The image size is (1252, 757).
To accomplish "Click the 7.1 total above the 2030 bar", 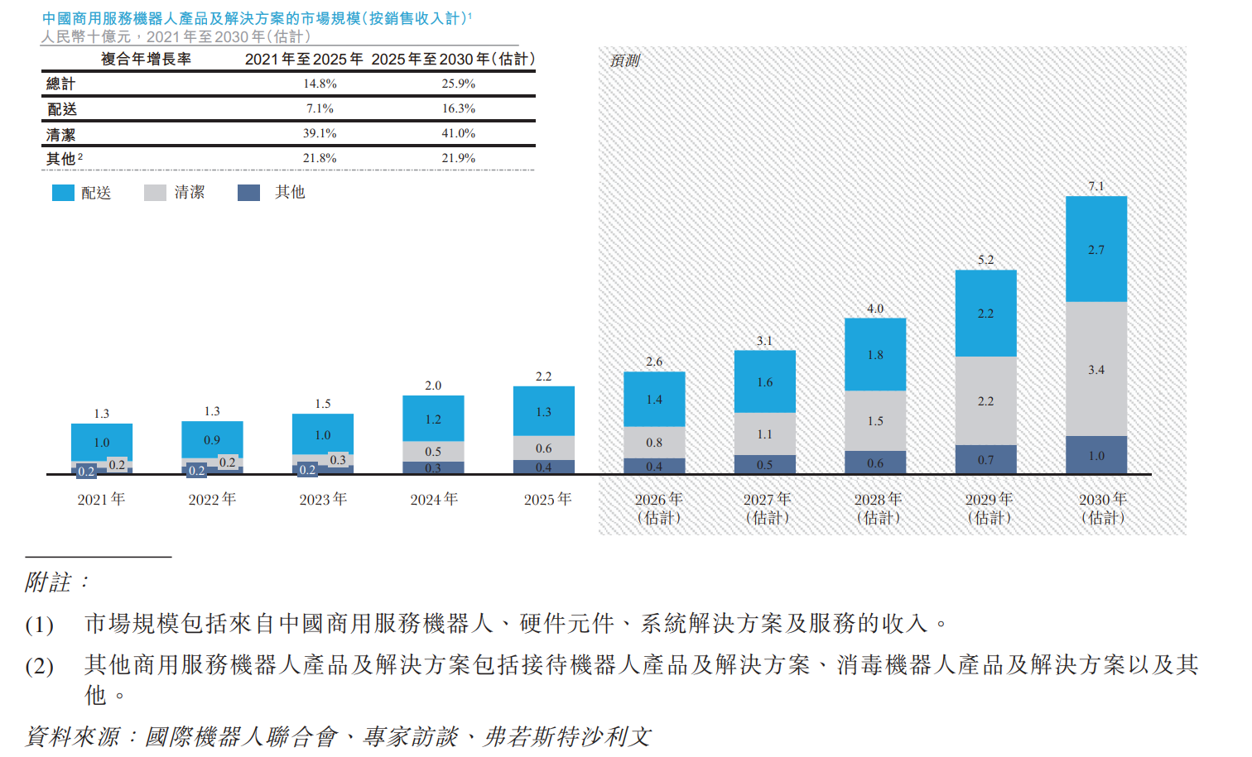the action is [1096, 186].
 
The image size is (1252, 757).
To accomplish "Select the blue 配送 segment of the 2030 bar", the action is [1096, 249].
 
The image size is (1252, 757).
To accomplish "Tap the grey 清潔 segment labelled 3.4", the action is [1096, 369].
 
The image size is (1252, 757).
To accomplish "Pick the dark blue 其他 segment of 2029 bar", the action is [986, 459].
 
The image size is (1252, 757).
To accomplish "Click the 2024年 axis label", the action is [434, 499].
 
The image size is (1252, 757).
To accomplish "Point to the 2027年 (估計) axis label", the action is [767, 508].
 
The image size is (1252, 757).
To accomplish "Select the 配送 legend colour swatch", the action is [63, 193].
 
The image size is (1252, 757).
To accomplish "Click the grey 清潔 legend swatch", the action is [155, 193].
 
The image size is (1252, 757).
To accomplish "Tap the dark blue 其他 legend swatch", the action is [248, 193].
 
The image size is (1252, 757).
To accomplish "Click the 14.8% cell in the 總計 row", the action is [320, 84].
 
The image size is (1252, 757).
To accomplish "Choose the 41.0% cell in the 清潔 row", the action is [459, 133].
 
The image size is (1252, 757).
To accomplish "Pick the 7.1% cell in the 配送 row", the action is [320, 108].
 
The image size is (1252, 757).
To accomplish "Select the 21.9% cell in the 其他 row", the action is [459, 158].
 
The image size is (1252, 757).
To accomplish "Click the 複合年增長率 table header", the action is [146, 60].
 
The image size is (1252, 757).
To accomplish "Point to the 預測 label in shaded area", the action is [625, 60].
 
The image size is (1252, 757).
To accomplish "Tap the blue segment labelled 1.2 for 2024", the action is [433, 419].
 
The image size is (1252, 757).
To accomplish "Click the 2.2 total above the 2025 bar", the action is [543, 376].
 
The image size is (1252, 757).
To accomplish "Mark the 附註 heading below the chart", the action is [56, 582].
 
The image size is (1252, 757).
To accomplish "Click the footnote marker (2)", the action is [39, 666].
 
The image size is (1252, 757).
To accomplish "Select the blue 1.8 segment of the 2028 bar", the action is [875, 354].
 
